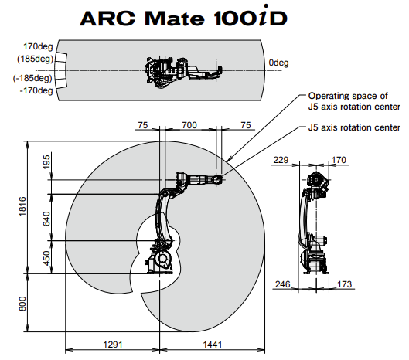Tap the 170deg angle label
(x=38, y=46)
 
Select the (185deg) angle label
(x=35, y=59)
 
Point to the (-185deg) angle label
(x=32, y=78)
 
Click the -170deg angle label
(x=36, y=90)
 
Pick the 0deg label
(x=278, y=63)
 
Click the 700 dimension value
(x=189, y=125)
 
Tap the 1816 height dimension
(x=22, y=206)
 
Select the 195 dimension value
(x=46, y=162)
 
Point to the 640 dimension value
(x=46, y=219)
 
